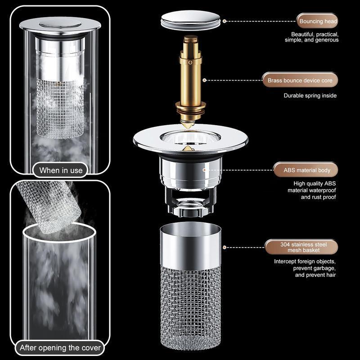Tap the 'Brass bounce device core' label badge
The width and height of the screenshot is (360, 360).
point(300,81)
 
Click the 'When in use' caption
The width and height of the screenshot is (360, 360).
point(61,170)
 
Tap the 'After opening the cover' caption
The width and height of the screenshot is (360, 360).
point(60,348)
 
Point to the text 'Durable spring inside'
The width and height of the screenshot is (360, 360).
point(310,95)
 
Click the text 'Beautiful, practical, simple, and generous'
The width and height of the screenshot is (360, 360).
point(315,37)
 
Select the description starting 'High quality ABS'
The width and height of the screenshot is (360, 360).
point(312,190)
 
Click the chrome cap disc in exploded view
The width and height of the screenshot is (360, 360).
point(191,21)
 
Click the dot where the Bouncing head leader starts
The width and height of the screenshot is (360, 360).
point(224,21)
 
